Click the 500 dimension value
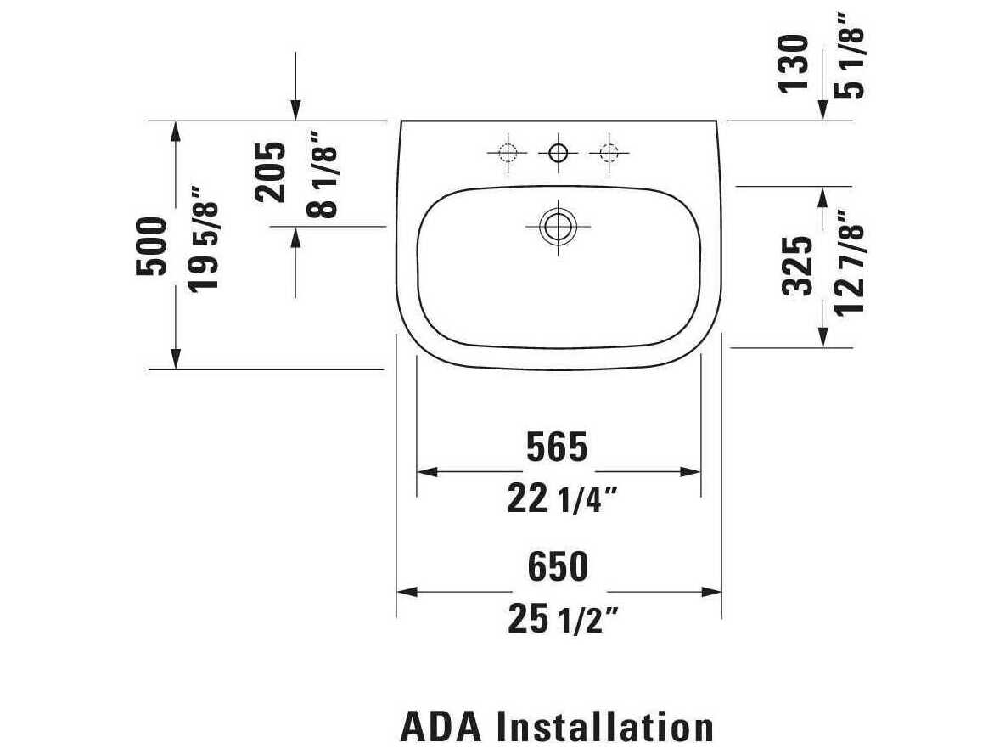pyautogui.click(x=151, y=246)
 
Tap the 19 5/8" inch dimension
pyautogui.click(x=203, y=239)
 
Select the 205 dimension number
pyautogui.click(x=271, y=172)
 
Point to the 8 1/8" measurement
pyautogui.click(x=322, y=174)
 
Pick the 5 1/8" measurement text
pyautogui.click(x=850, y=55)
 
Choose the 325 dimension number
pyautogui.click(x=798, y=266)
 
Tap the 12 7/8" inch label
pyautogui.click(x=850, y=263)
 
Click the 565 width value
pyautogui.click(x=557, y=447)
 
